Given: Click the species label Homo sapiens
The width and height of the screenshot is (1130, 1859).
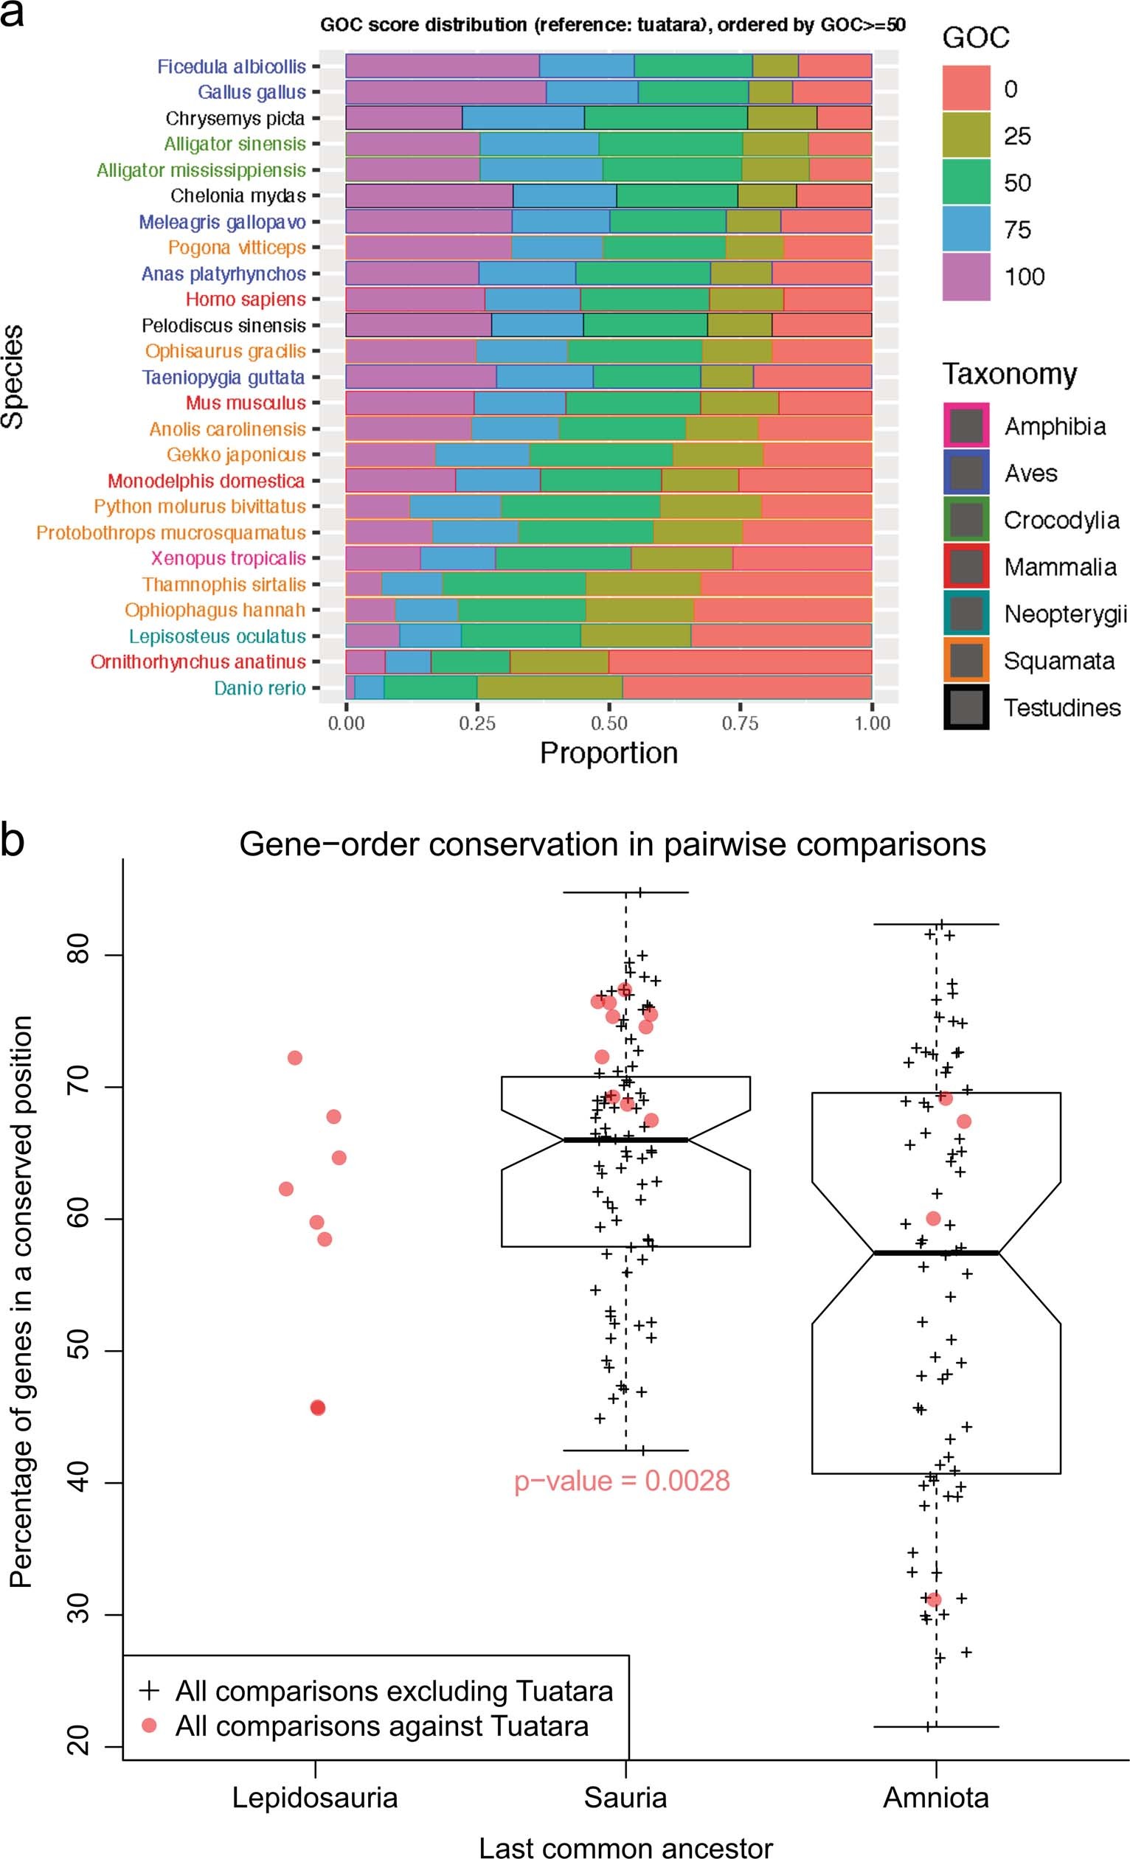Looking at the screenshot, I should point(246,299).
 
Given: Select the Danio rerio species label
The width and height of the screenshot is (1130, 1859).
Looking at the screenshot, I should point(260,688).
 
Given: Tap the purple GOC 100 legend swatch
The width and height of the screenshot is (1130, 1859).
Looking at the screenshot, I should point(966,276).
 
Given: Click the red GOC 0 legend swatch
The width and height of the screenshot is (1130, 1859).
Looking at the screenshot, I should point(966,88).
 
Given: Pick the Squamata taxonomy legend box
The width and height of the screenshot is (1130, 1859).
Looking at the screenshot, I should point(966,661).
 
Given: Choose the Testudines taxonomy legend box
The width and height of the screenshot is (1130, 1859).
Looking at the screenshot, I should point(966,708).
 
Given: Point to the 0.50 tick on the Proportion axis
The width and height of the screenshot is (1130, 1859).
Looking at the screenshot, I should point(609,723).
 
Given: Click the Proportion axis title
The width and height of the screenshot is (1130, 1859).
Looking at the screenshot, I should point(609,753).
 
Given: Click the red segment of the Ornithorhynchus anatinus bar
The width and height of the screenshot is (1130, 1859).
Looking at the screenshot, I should point(740,661).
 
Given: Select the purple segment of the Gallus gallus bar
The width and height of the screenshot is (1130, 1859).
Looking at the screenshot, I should point(446,92).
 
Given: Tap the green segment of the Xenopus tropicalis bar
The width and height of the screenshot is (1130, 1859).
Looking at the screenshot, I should point(562,558).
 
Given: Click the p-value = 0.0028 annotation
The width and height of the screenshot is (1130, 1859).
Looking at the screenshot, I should point(622,1480).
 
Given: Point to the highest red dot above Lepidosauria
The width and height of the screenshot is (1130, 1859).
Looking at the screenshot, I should point(295,1057).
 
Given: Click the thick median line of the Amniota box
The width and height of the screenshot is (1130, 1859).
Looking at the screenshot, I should point(936,1252).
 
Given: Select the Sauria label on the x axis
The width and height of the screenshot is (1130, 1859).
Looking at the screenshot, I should point(625,1797).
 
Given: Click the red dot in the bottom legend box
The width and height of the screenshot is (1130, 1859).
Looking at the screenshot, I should point(150,1725).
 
